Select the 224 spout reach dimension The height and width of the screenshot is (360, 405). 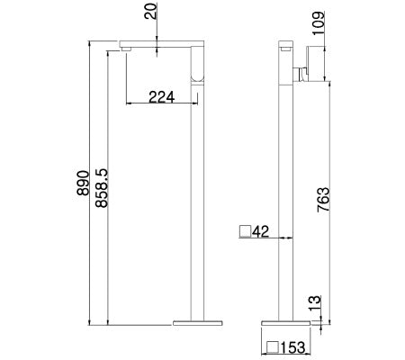point(162,96)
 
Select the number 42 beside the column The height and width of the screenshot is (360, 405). point(261,232)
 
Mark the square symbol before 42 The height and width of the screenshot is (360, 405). point(245,232)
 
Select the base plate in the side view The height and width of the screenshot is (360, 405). point(288,320)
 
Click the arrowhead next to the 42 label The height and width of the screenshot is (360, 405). point(283,238)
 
